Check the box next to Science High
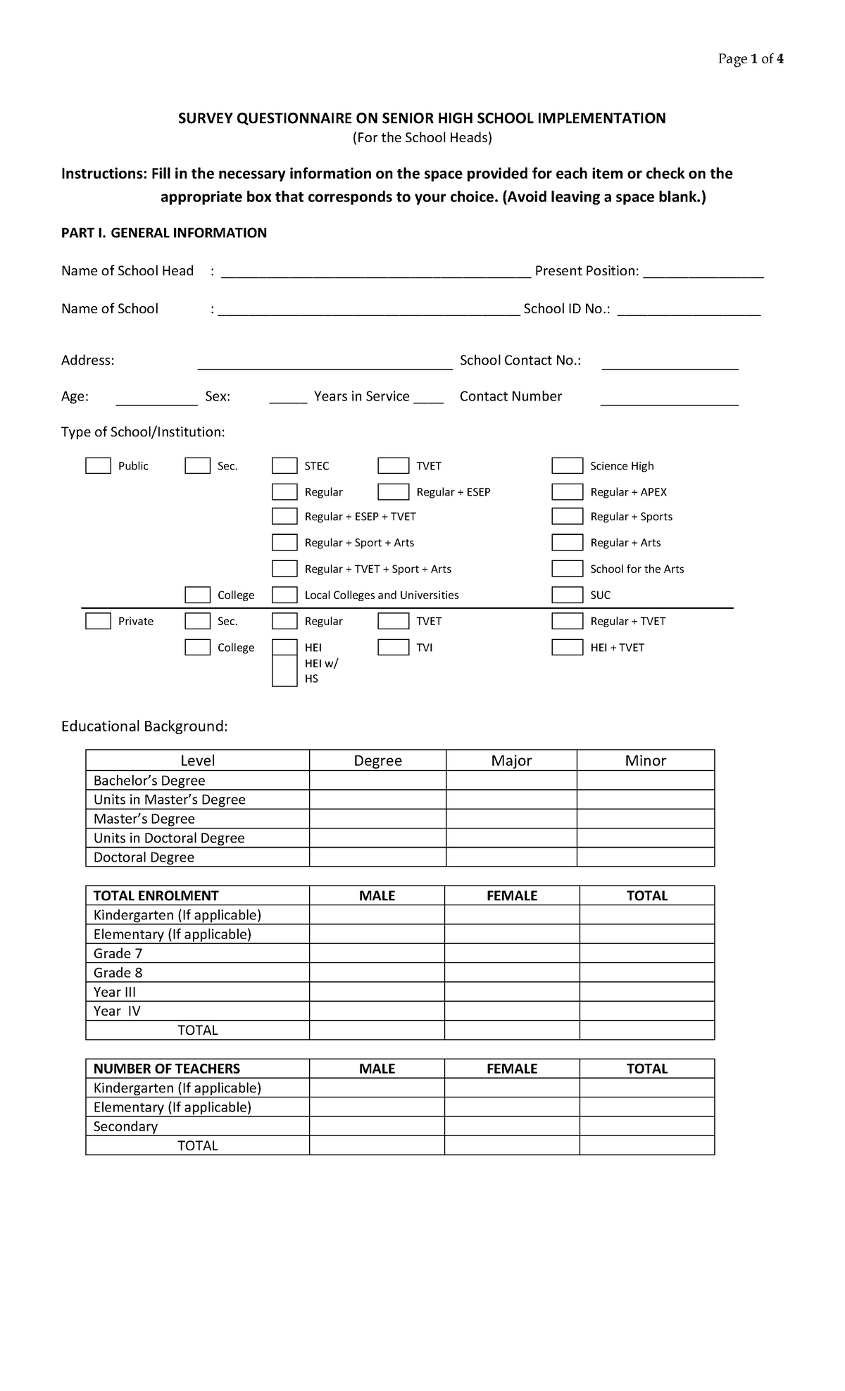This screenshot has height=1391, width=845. click(567, 465)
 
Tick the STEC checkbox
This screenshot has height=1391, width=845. click(284, 465)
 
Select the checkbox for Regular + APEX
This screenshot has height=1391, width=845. click(567, 491)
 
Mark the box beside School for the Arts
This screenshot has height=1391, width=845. click(567, 568)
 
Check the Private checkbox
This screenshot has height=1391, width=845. click(98, 621)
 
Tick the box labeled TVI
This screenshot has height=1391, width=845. click(393, 647)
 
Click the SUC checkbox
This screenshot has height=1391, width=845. click(567, 595)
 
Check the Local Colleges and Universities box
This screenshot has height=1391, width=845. click(284, 595)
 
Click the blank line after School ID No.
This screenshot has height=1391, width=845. click(689, 310)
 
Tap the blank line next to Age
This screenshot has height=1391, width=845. click(156, 399)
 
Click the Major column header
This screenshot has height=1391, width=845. click(511, 760)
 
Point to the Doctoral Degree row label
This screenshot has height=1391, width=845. click(144, 857)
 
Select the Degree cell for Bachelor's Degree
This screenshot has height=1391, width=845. click(377, 780)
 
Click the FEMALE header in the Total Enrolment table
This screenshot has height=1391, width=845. click(512, 895)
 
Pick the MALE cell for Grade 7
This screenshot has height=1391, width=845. click(377, 953)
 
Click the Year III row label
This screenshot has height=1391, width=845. click(115, 992)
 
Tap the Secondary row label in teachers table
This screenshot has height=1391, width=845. click(125, 1126)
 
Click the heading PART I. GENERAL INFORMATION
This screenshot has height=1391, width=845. click(164, 233)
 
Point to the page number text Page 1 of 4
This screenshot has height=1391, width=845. click(751, 59)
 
